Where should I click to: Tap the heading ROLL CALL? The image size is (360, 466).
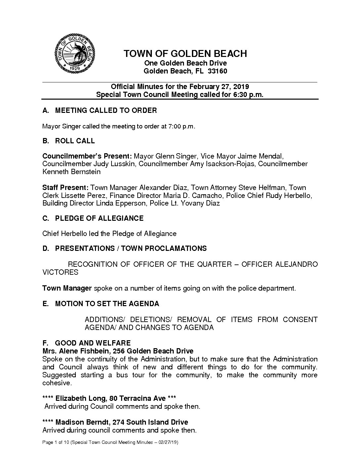tap(75, 141)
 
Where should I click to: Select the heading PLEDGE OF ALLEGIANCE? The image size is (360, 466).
tap(99, 218)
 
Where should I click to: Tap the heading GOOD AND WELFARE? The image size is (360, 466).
tap(93, 343)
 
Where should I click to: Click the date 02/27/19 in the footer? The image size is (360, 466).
tap(168, 443)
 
